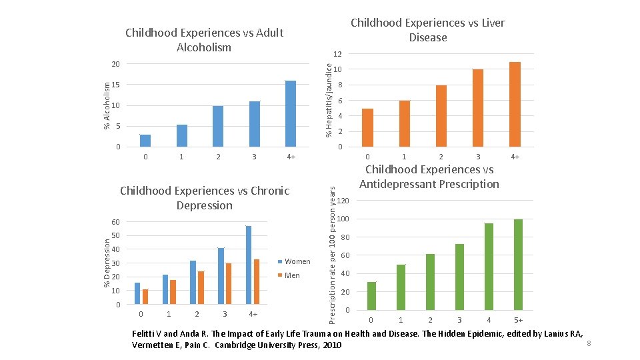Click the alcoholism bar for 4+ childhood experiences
291,113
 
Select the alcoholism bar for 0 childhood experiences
145,140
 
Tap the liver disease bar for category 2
441,115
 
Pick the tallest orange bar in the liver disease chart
515,104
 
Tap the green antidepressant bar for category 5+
518,265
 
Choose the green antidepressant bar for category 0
371,296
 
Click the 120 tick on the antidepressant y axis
343,201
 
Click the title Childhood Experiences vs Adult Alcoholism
204,40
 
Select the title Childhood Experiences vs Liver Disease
427,30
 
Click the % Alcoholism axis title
103,105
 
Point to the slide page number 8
588,343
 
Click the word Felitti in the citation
144,333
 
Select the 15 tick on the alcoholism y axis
116,85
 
